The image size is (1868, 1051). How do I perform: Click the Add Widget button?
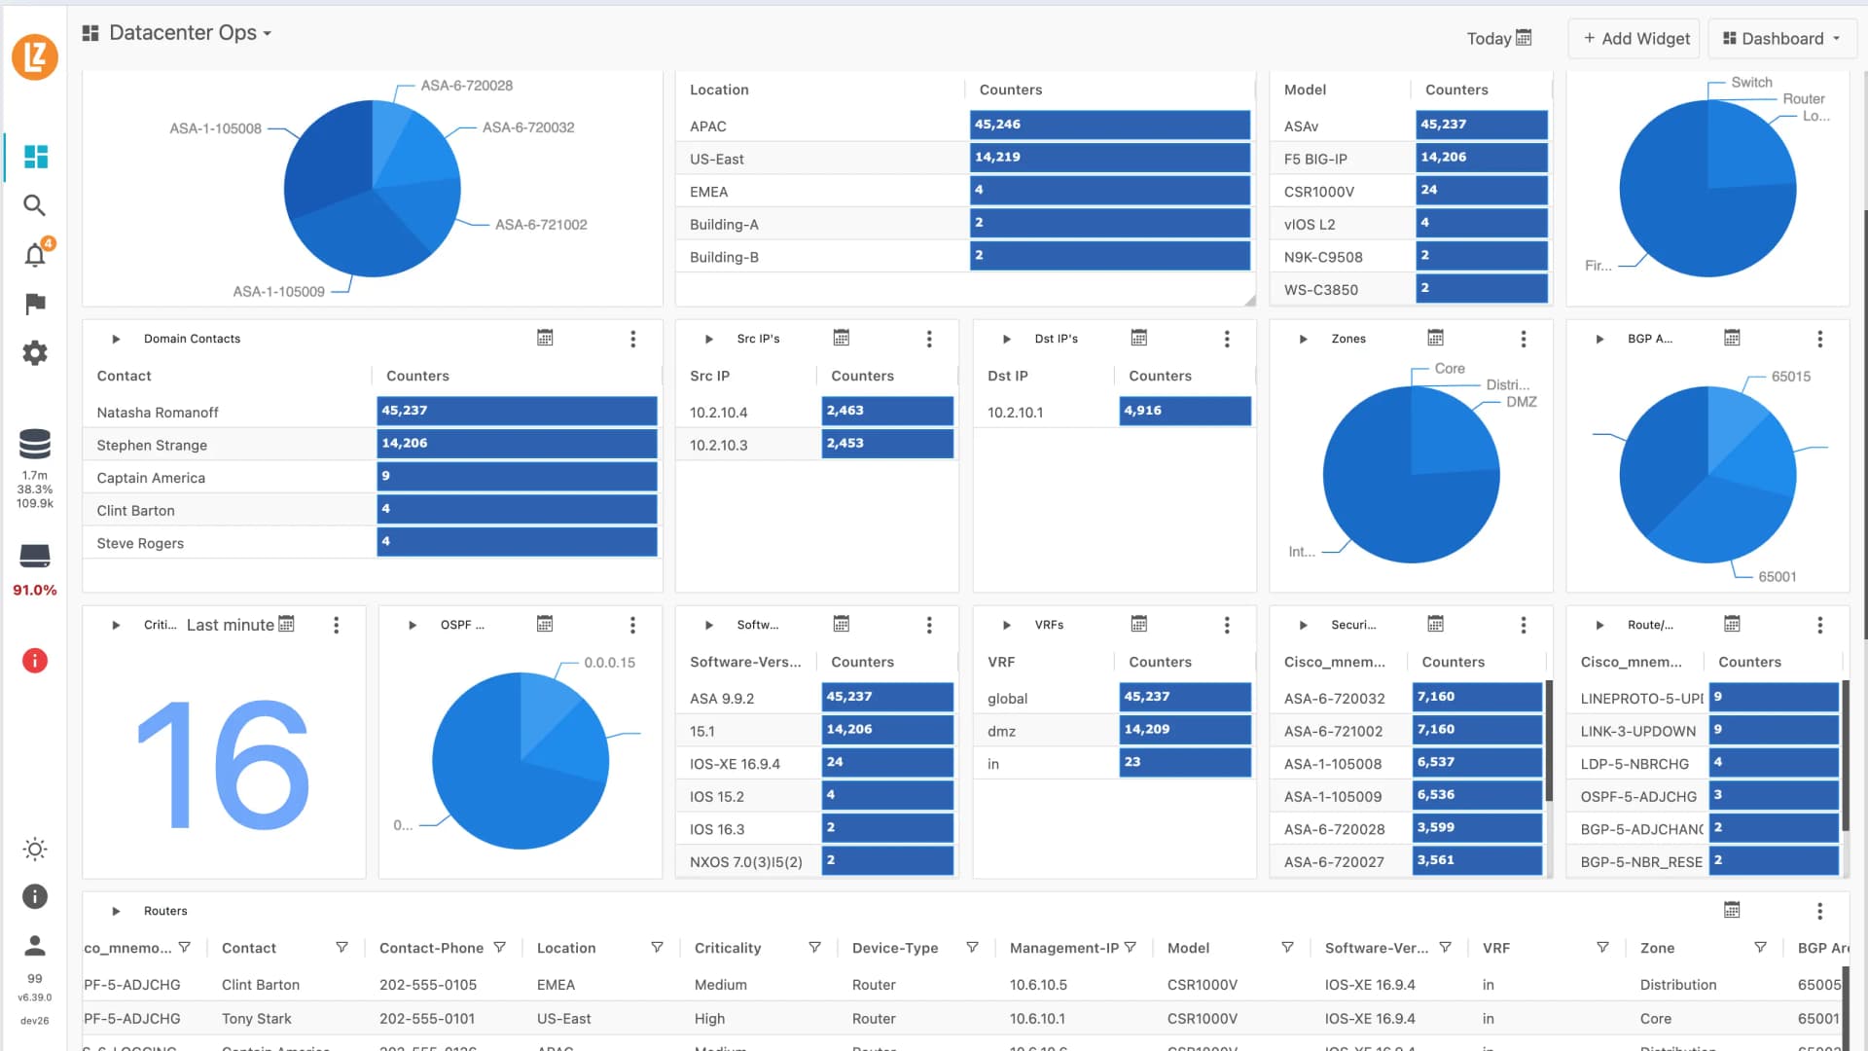tap(1635, 39)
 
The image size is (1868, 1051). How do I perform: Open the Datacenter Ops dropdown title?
tap(182, 33)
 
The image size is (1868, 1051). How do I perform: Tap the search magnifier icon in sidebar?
tap(35, 205)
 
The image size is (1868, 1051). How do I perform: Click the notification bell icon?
tap(35, 256)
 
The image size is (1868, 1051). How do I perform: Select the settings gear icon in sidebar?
tap(35, 353)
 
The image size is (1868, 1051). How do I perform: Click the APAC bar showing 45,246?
tap(1109, 125)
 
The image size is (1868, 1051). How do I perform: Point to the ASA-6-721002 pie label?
tap(541, 225)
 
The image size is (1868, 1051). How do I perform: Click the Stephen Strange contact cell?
tap(152, 446)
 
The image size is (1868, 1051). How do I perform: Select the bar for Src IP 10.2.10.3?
tap(886, 444)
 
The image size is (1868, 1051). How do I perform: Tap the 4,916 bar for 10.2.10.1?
tap(1184, 411)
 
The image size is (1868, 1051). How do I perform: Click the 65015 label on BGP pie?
tap(1790, 377)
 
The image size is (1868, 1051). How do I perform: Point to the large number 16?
tap(224, 764)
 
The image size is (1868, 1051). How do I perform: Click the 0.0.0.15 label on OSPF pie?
tap(609, 663)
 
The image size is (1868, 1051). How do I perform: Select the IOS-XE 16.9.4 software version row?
tap(735, 764)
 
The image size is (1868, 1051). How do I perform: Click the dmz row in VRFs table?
tap(1002, 732)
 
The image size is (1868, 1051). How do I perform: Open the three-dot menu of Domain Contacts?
tap(633, 339)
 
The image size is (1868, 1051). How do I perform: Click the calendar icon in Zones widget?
tap(1435, 338)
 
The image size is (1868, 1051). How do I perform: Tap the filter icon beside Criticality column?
tap(814, 948)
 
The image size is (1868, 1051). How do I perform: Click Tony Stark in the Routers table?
tap(257, 1019)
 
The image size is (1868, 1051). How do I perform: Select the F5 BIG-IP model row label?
tap(1315, 160)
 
